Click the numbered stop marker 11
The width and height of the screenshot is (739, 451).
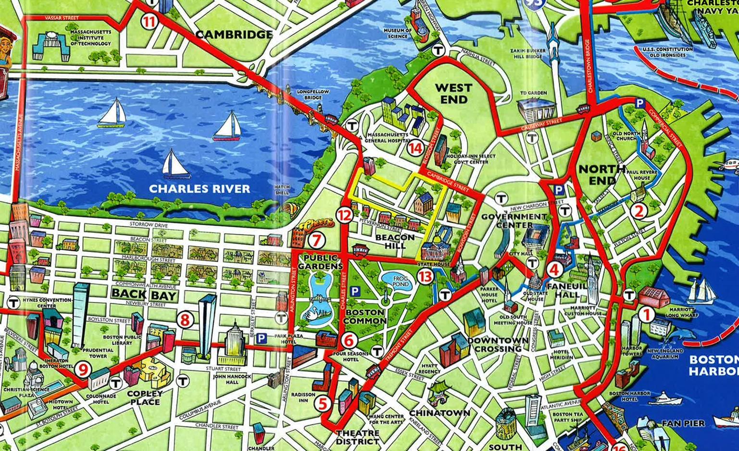[x=149, y=21]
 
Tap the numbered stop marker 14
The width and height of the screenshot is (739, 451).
[x=415, y=148]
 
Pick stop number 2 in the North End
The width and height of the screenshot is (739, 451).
[x=639, y=211]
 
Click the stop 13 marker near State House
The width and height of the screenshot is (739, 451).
[x=426, y=276]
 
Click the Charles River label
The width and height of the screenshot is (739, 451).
[x=200, y=189]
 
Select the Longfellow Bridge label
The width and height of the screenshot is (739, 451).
[x=313, y=94]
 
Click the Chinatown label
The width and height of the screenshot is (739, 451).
[x=439, y=413]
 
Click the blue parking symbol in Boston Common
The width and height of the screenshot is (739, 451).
[x=355, y=291]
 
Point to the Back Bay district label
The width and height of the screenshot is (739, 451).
[x=145, y=294]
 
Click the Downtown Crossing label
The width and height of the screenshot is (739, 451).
[x=498, y=345]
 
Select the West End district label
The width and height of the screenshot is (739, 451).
[x=453, y=93]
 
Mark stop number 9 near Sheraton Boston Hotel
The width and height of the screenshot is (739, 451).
[x=83, y=370]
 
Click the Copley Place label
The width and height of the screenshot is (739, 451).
[x=145, y=398]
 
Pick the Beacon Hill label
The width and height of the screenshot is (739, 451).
[x=395, y=241]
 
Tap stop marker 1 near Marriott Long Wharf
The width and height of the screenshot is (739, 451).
[x=646, y=315]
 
